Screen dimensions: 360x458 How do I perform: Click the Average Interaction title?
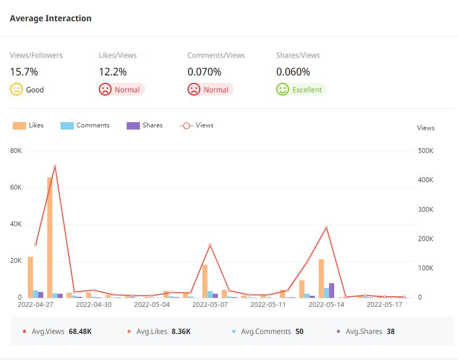(x=50, y=19)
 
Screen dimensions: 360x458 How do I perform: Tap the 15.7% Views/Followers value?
(x=24, y=72)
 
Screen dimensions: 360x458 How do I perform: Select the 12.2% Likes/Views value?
(x=113, y=72)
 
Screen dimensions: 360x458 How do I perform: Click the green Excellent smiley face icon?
(x=282, y=89)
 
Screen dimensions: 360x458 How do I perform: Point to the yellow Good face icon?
(x=16, y=89)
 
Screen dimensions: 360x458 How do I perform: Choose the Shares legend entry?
(x=145, y=125)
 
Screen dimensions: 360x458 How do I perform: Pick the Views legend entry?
(x=197, y=125)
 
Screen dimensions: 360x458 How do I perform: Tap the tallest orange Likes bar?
(x=50, y=237)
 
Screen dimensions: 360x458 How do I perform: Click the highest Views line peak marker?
(x=55, y=166)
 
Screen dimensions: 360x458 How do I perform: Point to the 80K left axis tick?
(x=16, y=151)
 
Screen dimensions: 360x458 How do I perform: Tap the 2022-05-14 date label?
(x=326, y=305)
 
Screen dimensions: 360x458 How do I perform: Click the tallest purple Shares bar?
(x=332, y=290)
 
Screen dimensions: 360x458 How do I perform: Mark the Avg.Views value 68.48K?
(x=80, y=331)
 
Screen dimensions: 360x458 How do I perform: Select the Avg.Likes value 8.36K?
(x=181, y=331)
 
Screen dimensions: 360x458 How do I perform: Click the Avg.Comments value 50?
(x=299, y=331)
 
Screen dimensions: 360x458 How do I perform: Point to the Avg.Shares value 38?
(x=391, y=331)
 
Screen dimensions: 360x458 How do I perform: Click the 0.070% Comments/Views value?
(x=205, y=72)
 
